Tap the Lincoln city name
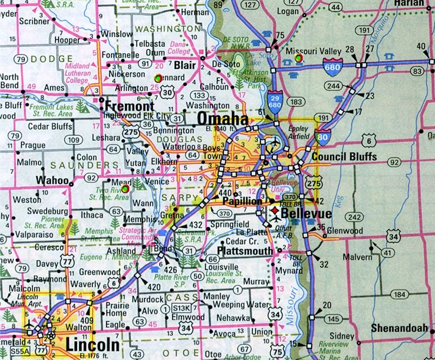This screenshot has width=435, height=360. click(92, 345)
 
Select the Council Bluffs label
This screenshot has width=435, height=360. click(344, 157)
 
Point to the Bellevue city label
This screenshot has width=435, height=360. click(309, 214)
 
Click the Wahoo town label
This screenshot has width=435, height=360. click(52, 180)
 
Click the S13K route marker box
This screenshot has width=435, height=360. click(182, 309)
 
